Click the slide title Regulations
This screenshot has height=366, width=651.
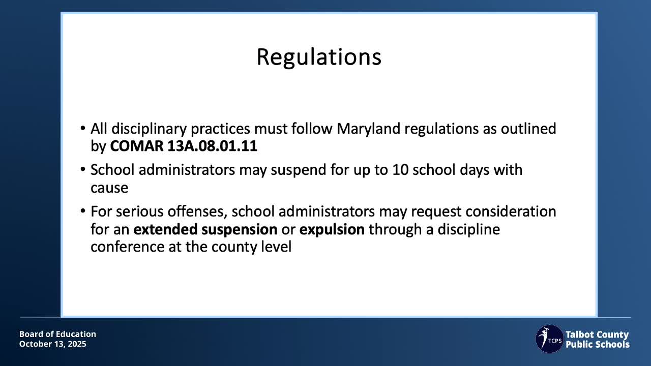click(319, 57)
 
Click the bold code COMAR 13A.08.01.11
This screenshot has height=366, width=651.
click(184, 146)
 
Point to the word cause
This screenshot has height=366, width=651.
click(109, 188)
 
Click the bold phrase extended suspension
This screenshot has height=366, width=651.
click(205, 229)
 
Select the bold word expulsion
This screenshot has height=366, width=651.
click(332, 229)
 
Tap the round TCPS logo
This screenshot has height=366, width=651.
click(549, 339)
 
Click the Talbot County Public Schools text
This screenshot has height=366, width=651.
click(598, 339)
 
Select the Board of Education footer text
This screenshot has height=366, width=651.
click(57, 334)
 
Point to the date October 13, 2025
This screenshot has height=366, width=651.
click(53, 344)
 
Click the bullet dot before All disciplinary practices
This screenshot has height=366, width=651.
click(83, 128)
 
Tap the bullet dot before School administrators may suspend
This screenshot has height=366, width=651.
click(83, 169)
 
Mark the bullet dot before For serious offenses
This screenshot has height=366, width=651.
click(83, 210)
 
